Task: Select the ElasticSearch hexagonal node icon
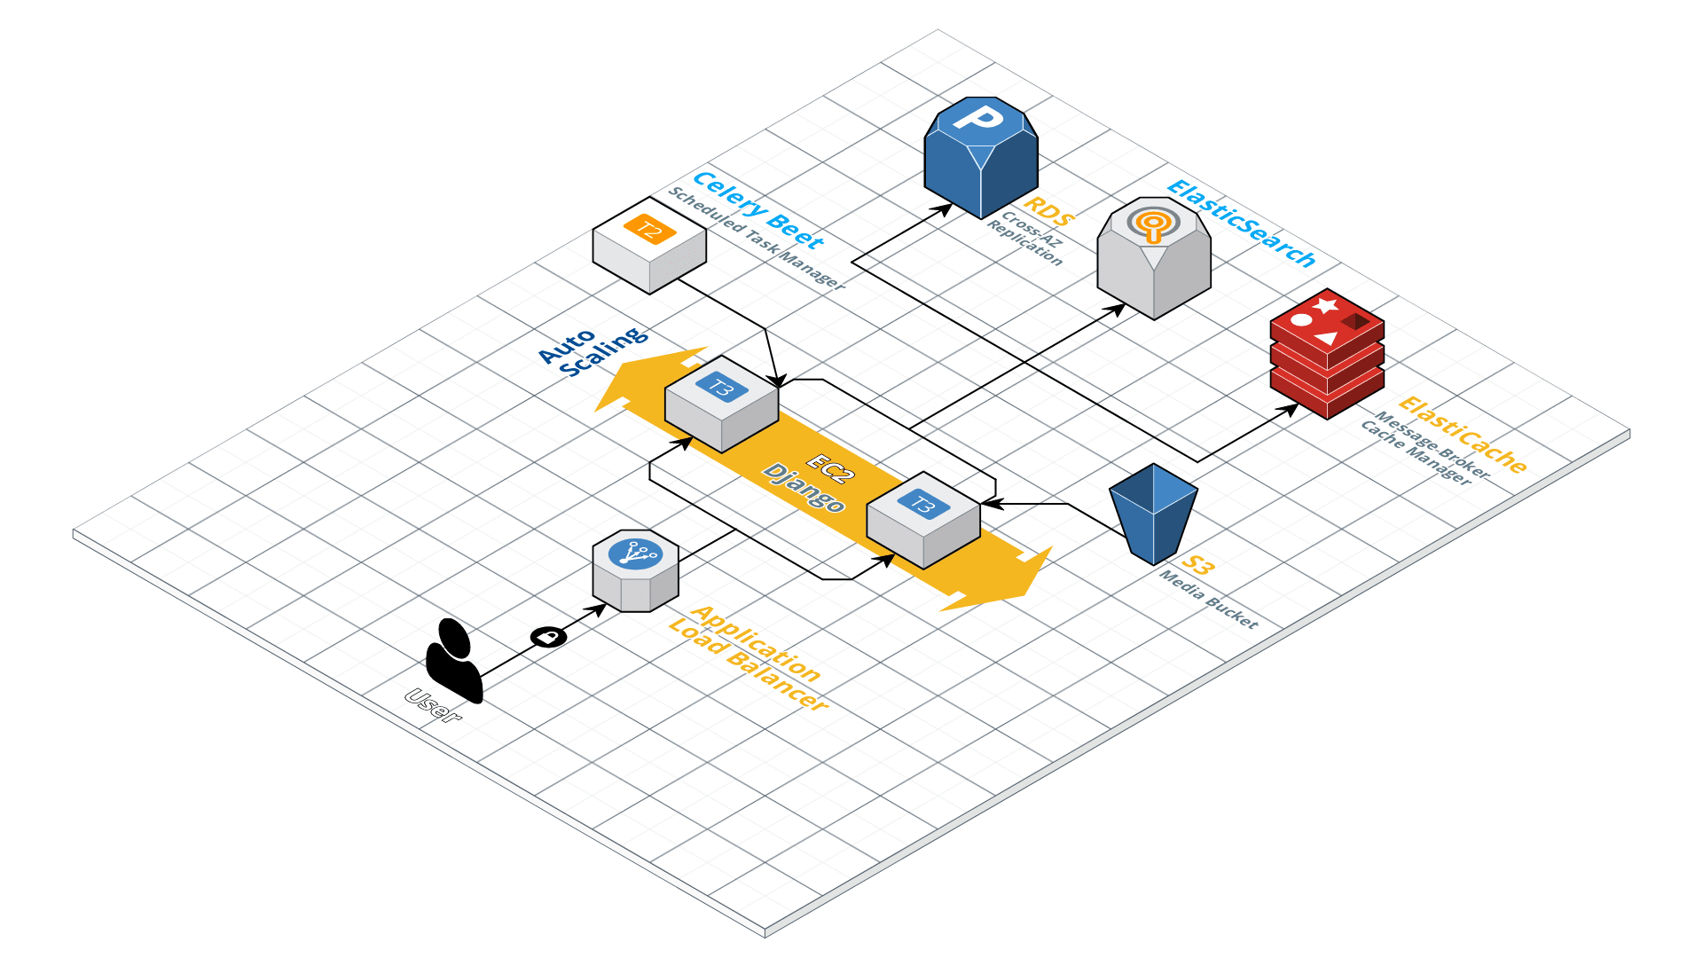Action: coord(1153,257)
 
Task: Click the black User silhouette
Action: coord(454,661)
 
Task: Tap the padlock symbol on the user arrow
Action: coord(549,636)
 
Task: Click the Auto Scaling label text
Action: coord(593,351)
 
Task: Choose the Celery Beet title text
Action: coord(758,209)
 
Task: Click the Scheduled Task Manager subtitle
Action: coord(757,239)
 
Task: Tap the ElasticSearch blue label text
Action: coord(1241,223)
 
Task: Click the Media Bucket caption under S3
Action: coord(1209,600)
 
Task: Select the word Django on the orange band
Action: coord(804,488)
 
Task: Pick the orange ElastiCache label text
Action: coord(1463,436)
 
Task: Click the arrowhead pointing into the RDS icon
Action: coord(946,209)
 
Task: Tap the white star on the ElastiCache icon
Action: coord(1326,306)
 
